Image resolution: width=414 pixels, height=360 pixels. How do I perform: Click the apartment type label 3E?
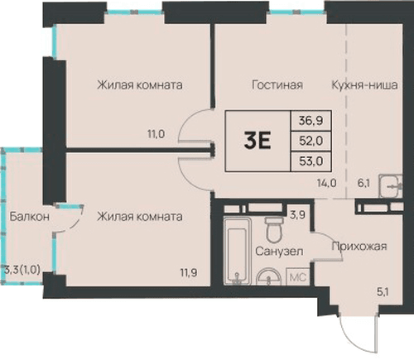258,141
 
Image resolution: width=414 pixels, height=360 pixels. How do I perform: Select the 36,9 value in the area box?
311,121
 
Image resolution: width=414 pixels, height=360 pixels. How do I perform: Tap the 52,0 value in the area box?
311,141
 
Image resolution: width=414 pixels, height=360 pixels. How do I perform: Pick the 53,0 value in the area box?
311,161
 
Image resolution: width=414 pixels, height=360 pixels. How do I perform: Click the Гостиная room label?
277,84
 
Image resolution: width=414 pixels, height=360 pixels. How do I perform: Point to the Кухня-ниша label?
364,84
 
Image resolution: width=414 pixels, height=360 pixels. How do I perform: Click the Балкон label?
30,217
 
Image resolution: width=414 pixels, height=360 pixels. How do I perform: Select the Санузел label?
279,251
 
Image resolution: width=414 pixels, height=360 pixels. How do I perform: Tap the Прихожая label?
359,246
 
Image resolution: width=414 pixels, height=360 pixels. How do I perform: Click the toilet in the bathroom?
274,229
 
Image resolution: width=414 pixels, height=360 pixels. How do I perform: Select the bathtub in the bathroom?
237,251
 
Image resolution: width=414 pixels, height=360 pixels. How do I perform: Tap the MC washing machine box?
298,276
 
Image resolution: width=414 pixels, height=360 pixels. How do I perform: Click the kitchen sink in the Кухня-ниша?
391,185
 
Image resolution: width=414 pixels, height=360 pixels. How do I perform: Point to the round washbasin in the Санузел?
269,276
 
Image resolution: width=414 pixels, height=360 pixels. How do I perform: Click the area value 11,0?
156,134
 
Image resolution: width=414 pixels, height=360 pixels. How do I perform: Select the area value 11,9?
189,273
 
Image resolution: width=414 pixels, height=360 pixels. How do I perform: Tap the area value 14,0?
327,183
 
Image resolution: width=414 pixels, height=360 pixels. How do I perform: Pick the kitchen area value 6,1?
363,183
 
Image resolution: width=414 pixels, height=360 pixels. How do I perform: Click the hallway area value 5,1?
383,291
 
